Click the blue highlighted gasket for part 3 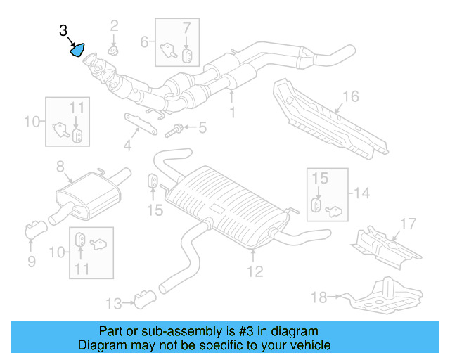point(77,50)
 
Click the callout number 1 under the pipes point(233,111)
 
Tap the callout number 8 point(60,167)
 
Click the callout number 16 point(350,96)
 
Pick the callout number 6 point(144,41)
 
